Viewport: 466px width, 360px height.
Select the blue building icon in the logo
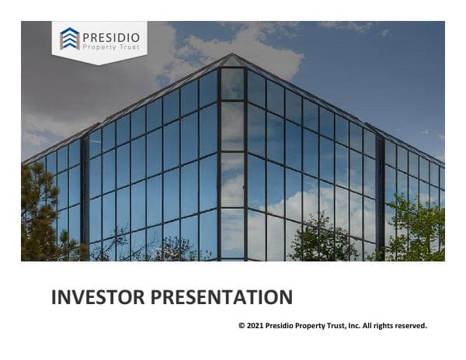(70, 39)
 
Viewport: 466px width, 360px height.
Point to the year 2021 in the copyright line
(255, 326)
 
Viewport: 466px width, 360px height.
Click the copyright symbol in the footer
(242, 326)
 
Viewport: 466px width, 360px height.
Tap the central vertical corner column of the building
(232, 163)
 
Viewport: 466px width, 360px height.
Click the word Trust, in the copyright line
(326, 326)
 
